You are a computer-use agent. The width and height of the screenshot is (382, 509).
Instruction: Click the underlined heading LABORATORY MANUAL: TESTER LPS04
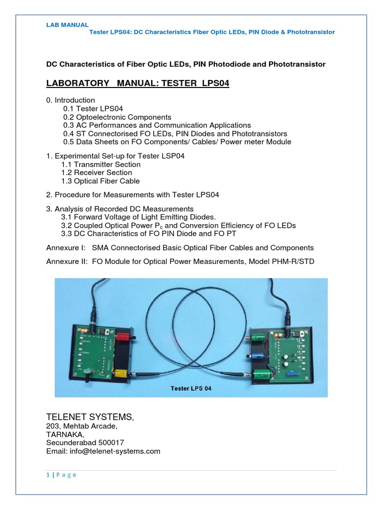coord(138,84)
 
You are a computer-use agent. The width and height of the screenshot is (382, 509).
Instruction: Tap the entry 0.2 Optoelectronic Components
coord(117,117)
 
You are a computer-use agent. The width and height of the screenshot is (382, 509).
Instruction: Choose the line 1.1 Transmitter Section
coord(101,165)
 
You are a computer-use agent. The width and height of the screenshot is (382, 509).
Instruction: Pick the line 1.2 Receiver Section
coord(96,173)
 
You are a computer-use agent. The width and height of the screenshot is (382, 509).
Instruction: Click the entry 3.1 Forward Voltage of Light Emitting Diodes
coord(139,217)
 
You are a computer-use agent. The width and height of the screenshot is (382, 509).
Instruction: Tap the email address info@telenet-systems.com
coord(103,451)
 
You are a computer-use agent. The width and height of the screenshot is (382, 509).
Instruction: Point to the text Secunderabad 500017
coord(85,442)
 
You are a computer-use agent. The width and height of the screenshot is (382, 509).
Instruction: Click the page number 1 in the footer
coord(48,475)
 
